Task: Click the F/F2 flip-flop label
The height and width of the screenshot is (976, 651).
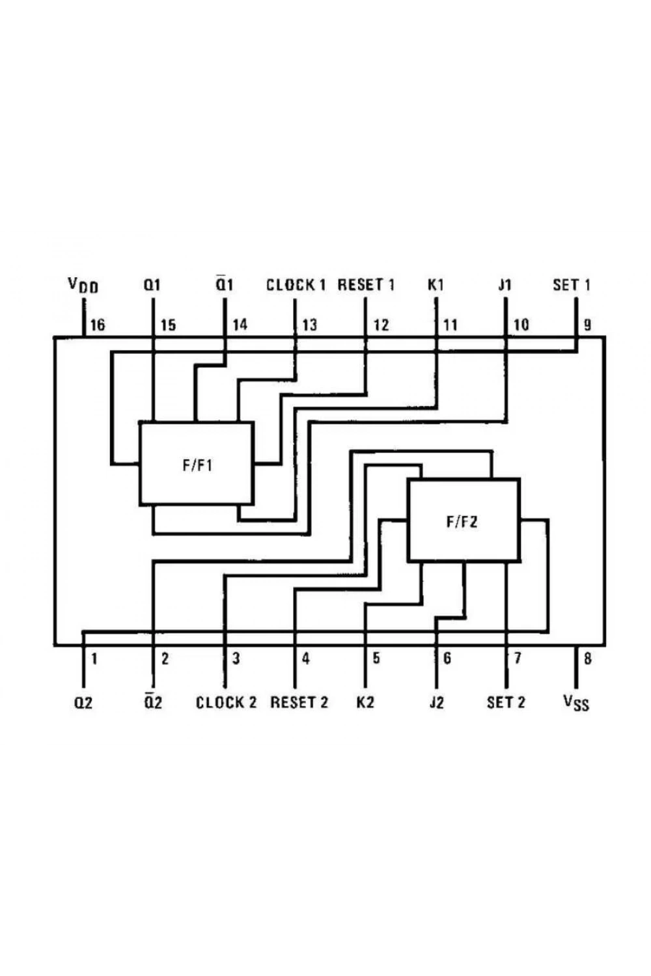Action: tap(462, 522)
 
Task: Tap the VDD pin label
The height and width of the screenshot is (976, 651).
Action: tap(83, 285)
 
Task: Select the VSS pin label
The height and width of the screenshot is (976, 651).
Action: tap(576, 702)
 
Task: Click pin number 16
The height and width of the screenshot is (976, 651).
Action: tap(97, 325)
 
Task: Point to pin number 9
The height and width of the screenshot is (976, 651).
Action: tap(587, 325)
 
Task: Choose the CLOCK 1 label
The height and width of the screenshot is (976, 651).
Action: tap(296, 285)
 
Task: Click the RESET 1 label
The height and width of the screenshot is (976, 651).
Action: tap(367, 285)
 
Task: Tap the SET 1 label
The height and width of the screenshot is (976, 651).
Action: tap(572, 285)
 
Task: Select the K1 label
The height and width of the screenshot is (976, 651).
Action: tap(436, 285)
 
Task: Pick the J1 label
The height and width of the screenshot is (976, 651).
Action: tap(505, 285)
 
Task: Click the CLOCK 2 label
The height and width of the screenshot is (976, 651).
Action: tap(227, 702)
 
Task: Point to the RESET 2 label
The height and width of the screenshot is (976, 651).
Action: tap(299, 702)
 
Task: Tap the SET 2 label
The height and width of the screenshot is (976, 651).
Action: tap(506, 702)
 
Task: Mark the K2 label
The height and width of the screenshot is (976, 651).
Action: tap(365, 702)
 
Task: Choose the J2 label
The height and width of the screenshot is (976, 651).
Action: tap(436, 702)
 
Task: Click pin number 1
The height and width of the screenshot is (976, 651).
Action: tap(94, 658)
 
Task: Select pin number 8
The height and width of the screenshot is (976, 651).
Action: tap(587, 658)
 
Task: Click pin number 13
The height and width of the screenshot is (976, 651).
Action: tap(310, 325)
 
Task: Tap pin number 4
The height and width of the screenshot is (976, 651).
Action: tap(306, 658)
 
